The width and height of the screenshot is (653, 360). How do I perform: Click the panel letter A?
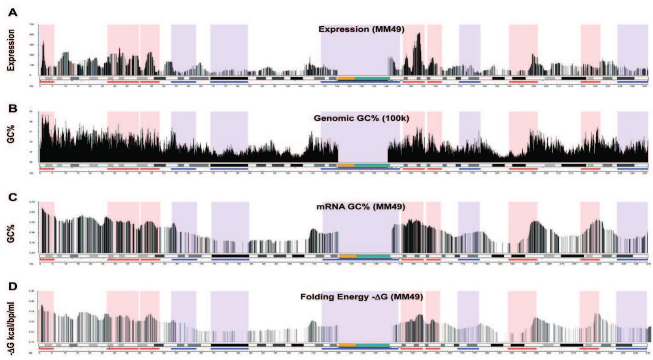click(13, 12)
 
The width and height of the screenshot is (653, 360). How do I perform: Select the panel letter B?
click(13, 108)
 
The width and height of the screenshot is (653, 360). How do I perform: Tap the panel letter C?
click(13, 197)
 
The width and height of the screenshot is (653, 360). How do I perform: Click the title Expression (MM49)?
click(361, 29)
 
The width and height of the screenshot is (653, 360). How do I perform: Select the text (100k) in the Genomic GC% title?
click(395, 118)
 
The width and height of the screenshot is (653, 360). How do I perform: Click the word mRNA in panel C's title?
click(328, 206)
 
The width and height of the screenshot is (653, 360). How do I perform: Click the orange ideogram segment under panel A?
click(346, 78)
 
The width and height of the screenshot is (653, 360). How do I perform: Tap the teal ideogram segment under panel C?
click(373, 256)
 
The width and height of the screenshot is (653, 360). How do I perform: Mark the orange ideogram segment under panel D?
click(347, 345)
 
